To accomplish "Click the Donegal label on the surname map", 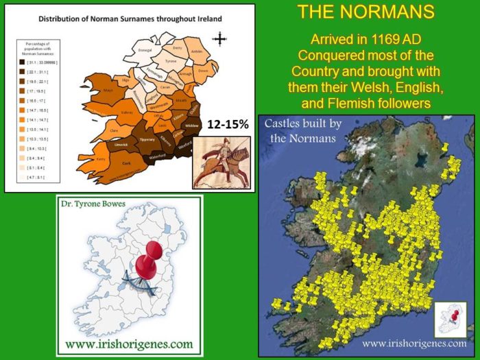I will click(145, 51).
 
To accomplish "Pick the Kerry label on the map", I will click(100, 158).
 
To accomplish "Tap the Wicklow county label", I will click(192, 127).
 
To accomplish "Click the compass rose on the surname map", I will click(219, 38).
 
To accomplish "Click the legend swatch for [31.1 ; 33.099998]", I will click(22, 62).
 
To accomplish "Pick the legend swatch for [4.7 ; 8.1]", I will click(22, 177).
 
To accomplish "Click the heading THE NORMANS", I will click(366, 12).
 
